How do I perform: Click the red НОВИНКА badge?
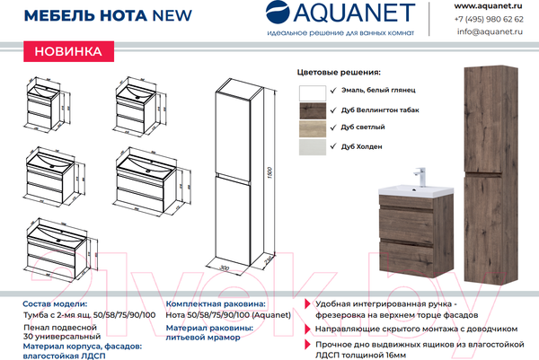(x=68, y=51)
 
